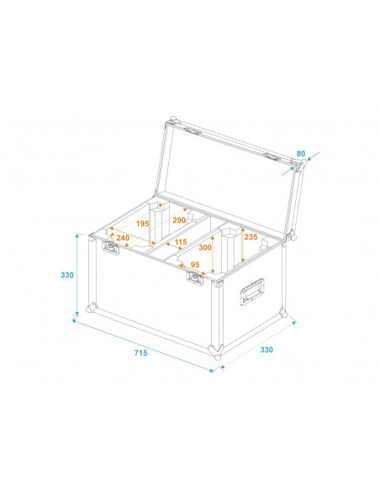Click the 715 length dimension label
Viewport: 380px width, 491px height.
[x=140, y=353]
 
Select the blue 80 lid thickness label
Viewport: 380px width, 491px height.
[x=301, y=154]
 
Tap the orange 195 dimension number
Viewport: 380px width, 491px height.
[x=141, y=224]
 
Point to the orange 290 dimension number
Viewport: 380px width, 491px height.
[x=179, y=220]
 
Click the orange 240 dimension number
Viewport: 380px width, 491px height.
[x=124, y=238]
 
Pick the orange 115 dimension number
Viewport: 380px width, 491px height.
[x=180, y=242]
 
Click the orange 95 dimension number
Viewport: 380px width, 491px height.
[x=195, y=265]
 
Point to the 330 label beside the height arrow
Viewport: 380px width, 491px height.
[x=68, y=275]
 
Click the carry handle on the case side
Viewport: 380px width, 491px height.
[x=254, y=292]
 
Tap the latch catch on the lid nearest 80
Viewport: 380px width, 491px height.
[x=271, y=158]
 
